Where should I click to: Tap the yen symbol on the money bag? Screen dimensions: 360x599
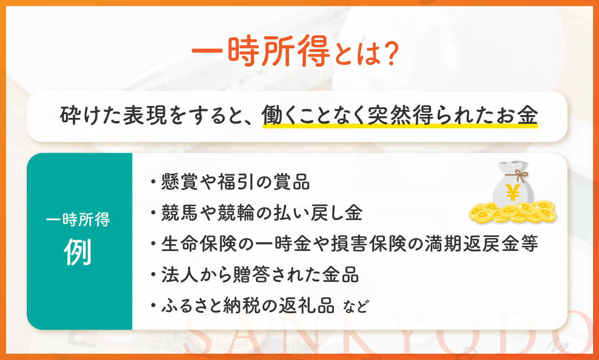coord(513,192)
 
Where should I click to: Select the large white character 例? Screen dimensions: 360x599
coord(78,252)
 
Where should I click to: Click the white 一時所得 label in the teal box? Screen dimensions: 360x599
coord(78,220)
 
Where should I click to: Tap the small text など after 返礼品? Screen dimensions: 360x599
coord(356,307)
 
